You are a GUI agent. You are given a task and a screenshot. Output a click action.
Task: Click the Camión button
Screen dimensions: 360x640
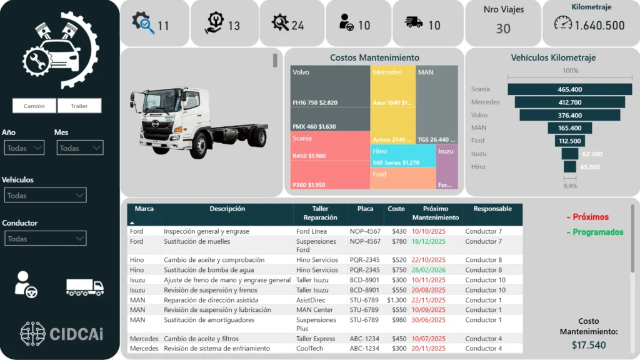34,106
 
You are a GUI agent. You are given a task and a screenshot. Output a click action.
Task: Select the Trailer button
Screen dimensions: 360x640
79,106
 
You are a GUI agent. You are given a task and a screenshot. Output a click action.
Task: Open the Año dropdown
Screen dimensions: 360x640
24,148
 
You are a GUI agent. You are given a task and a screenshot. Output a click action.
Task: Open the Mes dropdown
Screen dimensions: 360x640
79,148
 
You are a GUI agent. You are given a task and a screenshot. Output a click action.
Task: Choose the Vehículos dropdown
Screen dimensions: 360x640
44,196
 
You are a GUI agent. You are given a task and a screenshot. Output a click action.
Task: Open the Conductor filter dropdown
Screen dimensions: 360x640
44,239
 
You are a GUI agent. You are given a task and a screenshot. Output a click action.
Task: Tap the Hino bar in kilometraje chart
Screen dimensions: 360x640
569,167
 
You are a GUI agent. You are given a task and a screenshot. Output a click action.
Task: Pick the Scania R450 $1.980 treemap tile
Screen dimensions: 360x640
330,147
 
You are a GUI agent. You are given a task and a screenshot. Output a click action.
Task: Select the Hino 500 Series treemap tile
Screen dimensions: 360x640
403,156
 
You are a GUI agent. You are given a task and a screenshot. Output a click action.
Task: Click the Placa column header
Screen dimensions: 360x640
365,209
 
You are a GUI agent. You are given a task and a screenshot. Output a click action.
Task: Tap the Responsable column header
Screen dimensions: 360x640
492,209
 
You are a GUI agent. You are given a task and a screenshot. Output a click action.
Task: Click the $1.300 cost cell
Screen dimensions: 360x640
397,300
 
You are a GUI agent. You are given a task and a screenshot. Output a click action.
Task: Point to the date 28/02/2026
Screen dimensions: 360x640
428,270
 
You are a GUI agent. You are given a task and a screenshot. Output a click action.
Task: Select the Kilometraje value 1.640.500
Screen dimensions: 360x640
599,26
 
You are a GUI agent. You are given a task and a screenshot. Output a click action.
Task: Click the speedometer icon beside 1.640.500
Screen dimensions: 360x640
563,23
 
